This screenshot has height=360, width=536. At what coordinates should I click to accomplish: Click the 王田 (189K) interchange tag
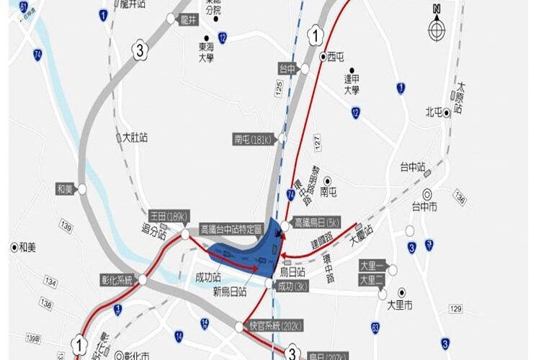(x=168, y=215)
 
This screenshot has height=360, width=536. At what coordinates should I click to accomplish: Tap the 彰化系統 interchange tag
(x=118, y=279)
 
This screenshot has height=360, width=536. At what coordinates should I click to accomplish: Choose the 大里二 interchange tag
(x=373, y=279)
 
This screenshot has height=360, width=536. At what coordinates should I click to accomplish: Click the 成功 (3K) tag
(x=295, y=286)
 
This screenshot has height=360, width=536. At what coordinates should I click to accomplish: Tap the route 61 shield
(x=24, y=7)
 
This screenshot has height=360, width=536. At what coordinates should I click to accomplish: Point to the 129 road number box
(x=455, y=309)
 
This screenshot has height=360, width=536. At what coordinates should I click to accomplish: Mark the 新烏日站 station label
(x=229, y=292)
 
